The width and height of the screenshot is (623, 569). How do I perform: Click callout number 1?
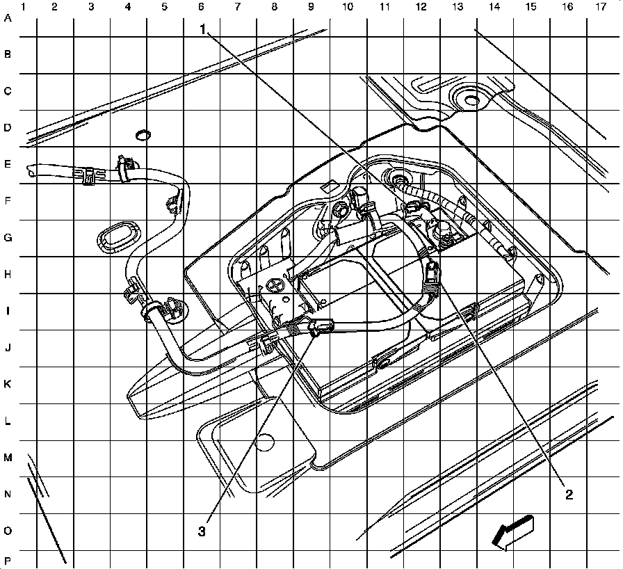coord(203,29)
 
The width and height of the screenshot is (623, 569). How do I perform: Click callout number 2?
coord(569,495)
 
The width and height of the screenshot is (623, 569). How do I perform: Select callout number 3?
coord(202,531)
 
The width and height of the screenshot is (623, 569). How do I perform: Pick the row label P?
coord(8,560)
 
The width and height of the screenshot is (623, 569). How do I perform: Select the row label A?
coord(8,19)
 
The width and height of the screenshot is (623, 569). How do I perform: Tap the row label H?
coord(8,274)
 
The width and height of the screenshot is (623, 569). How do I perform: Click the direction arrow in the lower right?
coord(511,533)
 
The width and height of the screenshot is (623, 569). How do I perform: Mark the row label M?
coord(8,458)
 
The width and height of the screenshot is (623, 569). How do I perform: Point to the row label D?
coord(8,128)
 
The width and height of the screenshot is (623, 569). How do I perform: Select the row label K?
coord(8,384)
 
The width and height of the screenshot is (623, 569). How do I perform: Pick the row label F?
coord(8,202)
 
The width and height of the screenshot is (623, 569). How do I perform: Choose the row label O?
coord(8,531)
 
